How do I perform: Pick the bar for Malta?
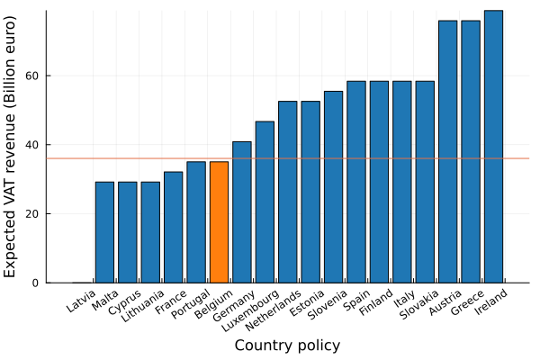(104, 232)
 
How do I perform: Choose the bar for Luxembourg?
(265, 202)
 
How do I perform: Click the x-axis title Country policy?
(287, 346)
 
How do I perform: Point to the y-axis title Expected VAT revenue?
(12, 147)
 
